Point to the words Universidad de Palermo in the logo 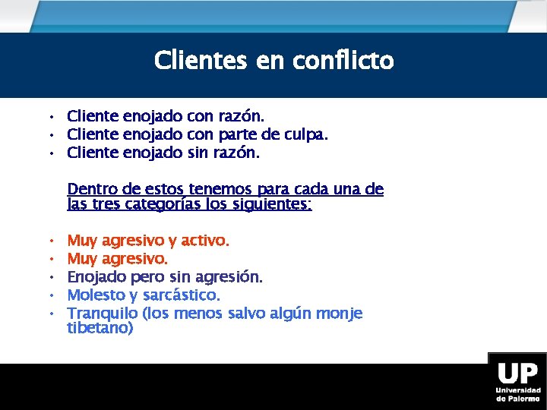[x=518, y=394]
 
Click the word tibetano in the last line [x=100, y=328]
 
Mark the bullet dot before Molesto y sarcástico [x=50, y=295]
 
